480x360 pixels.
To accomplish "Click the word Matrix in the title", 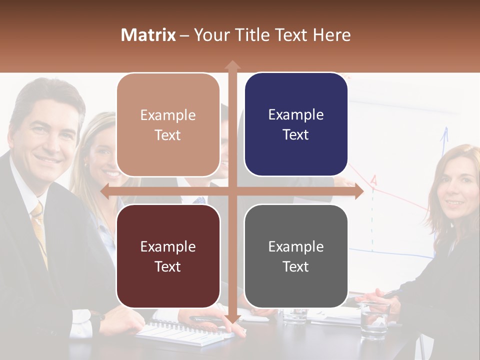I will (148, 35).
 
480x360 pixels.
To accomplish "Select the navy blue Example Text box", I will (296, 124).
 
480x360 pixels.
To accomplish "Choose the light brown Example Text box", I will (168, 125).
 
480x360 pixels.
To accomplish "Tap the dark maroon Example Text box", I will (168, 256).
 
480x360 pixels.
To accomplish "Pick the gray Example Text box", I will (296, 256).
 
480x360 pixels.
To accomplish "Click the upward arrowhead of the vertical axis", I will (232, 65).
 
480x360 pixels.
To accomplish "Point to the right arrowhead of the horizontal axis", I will (359, 191).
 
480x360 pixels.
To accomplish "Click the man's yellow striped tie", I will (39, 230).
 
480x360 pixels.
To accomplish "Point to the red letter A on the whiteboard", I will (373, 180).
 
